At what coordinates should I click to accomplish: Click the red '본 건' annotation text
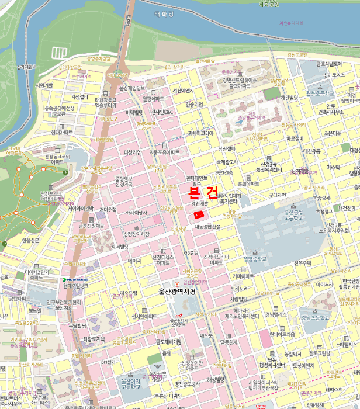point(203,192)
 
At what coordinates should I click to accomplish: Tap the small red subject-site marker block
point(199,216)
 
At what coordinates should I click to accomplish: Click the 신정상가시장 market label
point(136,234)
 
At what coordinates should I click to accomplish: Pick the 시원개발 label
point(44,85)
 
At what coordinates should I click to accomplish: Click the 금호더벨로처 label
point(329,64)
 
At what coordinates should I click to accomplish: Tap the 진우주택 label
point(304,262)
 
